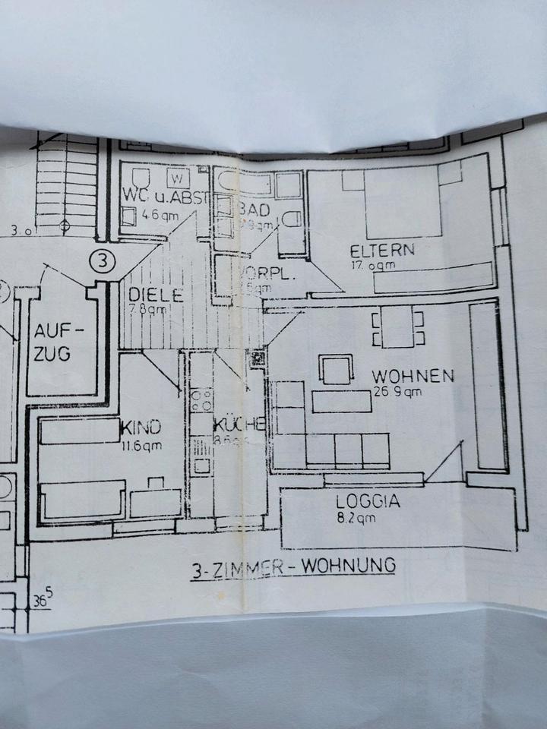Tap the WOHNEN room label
pos(413,376)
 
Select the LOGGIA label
pos(368,501)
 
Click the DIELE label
pos(156,295)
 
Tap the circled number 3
pos(103,261)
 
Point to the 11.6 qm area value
pos(141,447)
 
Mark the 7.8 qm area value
pos(147,310)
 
